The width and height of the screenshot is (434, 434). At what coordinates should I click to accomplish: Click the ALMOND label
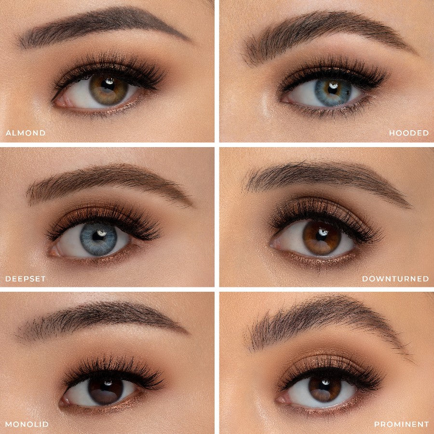click(x=26, y=133)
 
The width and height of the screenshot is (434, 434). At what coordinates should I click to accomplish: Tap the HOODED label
click(x=409, y=133)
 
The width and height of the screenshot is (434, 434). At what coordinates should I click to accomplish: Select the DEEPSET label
click(x=26, y=279)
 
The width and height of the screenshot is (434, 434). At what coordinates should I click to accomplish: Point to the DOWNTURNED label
click(x=395, y=279)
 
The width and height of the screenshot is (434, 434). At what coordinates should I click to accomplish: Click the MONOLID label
click(x=27, y=424)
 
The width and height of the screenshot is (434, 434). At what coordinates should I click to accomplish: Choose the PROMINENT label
click(x=401, y=424)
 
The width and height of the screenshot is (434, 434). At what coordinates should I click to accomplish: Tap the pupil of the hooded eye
click(x=332, y=89)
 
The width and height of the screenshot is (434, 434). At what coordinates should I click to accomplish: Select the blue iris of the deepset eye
click(x=98, y=239)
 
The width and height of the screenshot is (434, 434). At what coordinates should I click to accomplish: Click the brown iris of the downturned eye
click(x=322, y=237)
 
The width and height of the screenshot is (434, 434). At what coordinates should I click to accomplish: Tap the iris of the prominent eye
click(x=325, y=388)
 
